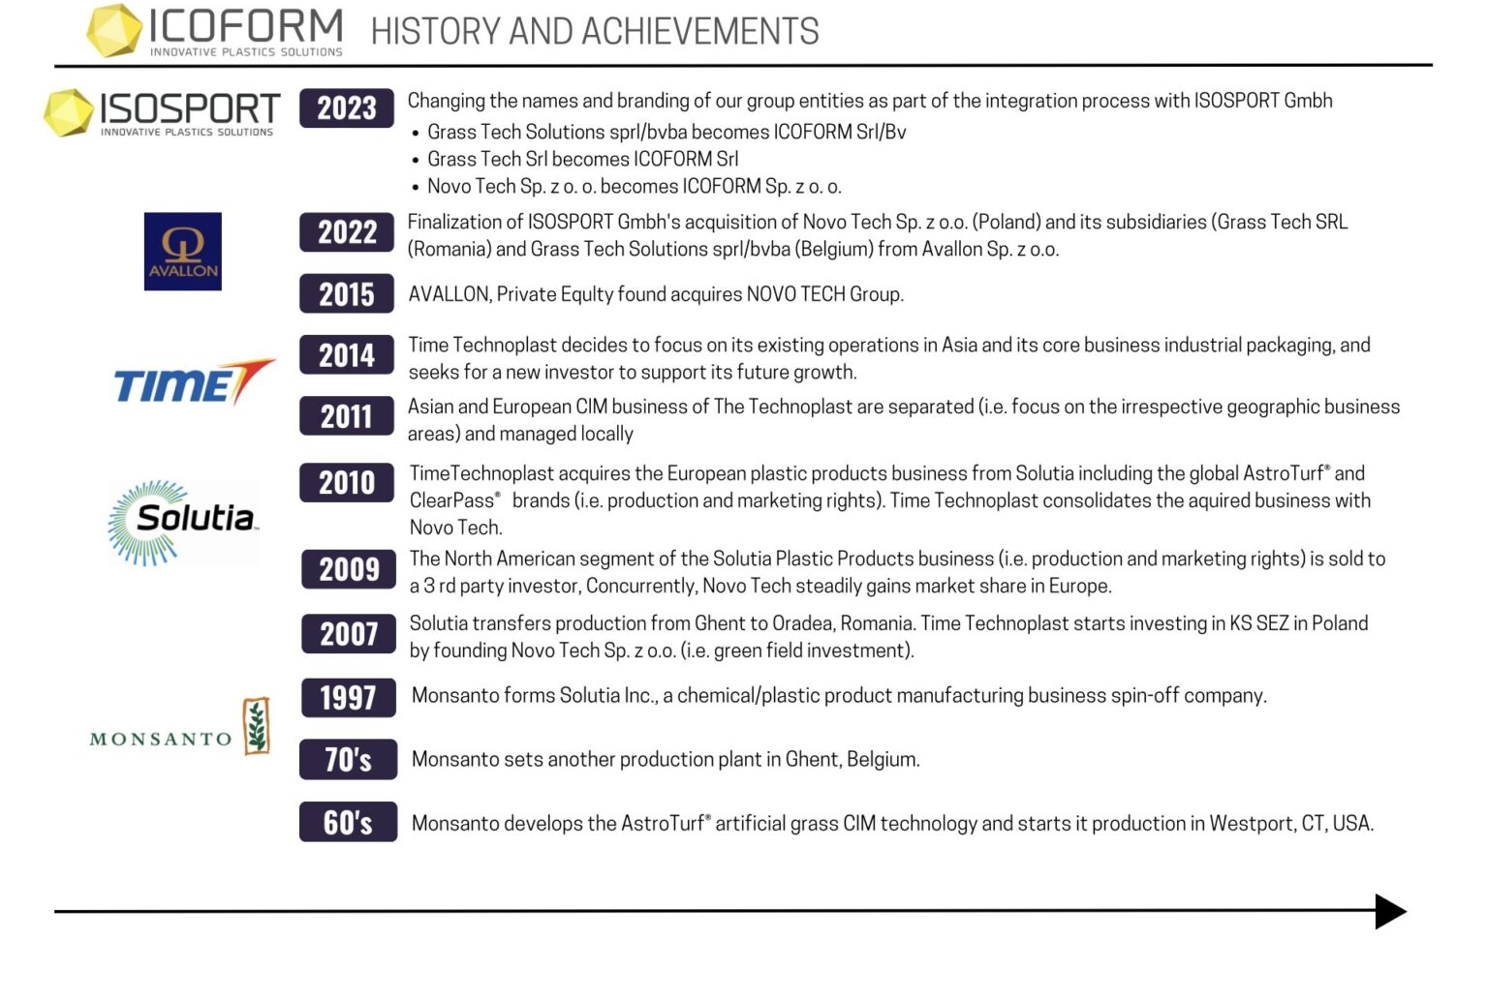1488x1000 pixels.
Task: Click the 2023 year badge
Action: (x=346, y=107)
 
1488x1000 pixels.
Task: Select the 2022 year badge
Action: (x=346, y=232)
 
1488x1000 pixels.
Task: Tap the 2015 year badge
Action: (x=346, y=294)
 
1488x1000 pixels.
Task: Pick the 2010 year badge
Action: (x=346, y=482)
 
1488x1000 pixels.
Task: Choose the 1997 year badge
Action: (x=348, y=697)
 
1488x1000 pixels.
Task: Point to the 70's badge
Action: (x=348, y=760)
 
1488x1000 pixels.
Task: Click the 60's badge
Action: (x=348, y=822)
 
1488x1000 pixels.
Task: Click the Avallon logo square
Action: (x=182, y=252)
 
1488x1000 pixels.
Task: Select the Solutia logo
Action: (x=183, y=522)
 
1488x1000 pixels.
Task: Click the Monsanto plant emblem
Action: (x=256, y=725)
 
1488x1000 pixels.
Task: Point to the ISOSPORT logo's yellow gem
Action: (x=69, y=112)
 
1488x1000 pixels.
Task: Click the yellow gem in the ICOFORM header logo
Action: (x=113, y=30)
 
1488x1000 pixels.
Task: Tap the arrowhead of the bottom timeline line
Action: (x=1390, y=911)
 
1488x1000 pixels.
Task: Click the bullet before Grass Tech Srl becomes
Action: (x=416, y=161)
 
